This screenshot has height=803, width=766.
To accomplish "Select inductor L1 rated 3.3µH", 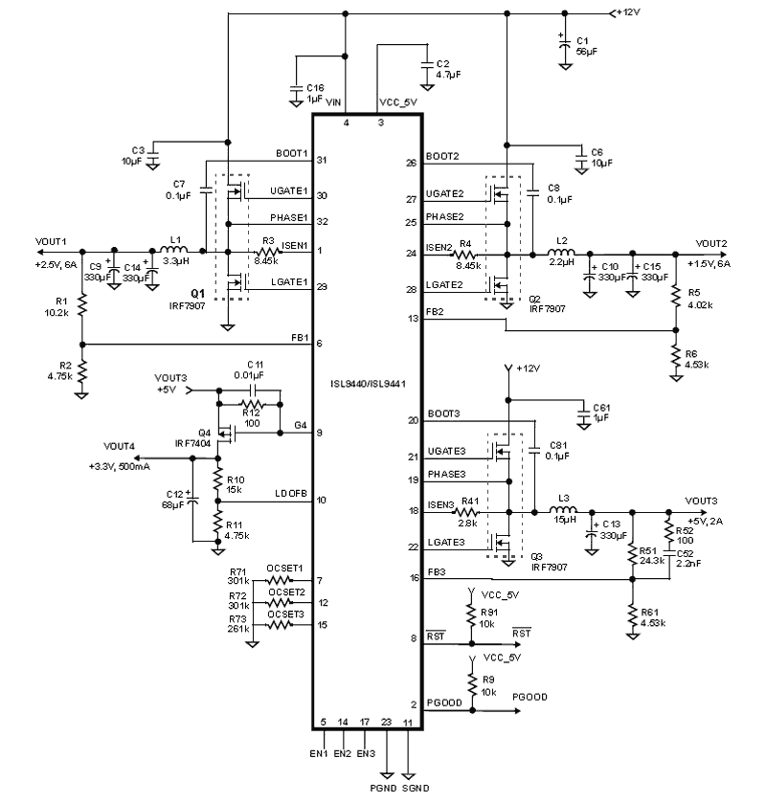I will coord(175,252).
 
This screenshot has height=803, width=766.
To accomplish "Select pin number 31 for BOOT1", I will coord(323,160).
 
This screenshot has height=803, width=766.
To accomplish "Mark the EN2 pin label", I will coord(343,754).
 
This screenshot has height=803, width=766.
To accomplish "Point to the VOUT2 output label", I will coord(711,243).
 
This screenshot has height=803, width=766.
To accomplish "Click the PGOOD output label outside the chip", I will coord(530,697).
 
